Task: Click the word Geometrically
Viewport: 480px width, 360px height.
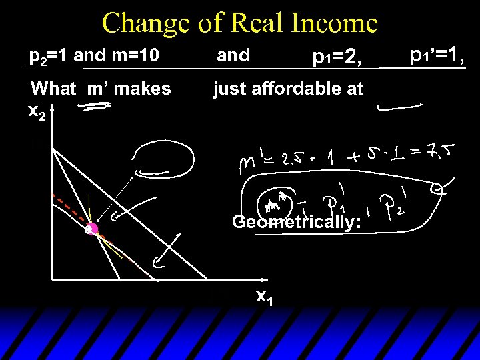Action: click(x=297, y=221)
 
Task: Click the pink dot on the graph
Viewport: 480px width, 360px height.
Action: click(x=91, y=229)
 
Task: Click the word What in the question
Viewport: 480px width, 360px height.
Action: click(x=53, y=88)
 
